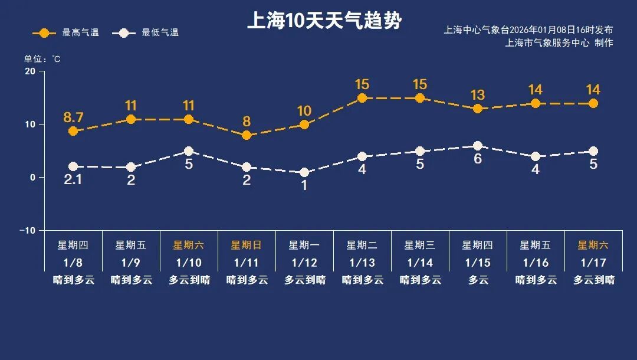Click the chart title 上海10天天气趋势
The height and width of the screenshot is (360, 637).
(x=324, y=21)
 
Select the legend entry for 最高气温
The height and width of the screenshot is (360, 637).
(x=65, y=32)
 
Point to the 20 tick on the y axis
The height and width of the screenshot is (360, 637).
(x=29, y=71)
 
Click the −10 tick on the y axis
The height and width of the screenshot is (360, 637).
(x=28, y=230)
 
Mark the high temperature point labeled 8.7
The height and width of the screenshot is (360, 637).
(x=73, y=131)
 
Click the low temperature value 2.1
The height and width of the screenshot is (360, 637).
(x=73, y=180)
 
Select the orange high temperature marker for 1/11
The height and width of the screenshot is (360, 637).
(x=247, y=135)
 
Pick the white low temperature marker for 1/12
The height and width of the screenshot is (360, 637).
(x=304, y=172)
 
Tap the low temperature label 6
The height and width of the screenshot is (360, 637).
(x=478, y=159)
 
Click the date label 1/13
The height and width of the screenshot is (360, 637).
(x=362, y=263)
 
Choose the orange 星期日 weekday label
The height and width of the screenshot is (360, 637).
(x=247, y=245)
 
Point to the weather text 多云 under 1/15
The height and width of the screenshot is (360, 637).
(x=478, y=280)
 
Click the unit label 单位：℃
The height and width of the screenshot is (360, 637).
(x=42, y=59)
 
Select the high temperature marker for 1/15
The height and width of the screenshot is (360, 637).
(x=478, y=109)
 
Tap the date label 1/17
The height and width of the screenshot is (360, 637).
(x=593, y=263)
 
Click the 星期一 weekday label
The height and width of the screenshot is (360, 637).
(x=304, y=245)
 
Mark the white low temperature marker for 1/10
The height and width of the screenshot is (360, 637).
(x=189, y=151)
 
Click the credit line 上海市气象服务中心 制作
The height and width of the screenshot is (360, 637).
(x=559, y=42)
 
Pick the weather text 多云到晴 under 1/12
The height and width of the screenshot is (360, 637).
(x=304, y=280)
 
